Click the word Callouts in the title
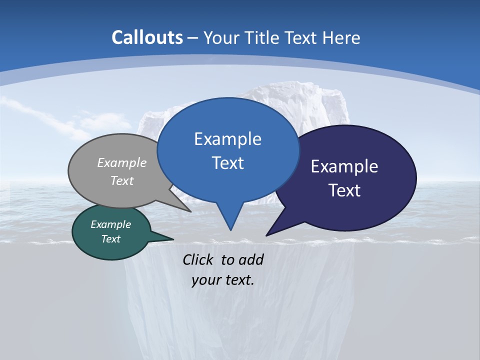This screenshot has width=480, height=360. click(147, 37)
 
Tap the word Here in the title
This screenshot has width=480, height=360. click(341, 38)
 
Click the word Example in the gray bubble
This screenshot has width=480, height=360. click(122, 162)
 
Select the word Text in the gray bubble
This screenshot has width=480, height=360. click(122, 180)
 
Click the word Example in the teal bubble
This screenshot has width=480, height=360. click(110, 224)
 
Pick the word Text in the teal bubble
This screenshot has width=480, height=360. click(110, 239)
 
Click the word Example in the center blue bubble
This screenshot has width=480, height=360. click(227, 139)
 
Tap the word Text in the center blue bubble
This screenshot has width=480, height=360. click(227, 163)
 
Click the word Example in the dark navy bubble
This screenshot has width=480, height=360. click(344, 166)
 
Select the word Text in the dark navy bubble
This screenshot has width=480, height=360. click(344, 190)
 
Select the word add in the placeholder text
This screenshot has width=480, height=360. click(250, 259)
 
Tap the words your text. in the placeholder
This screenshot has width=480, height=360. click(223, 280)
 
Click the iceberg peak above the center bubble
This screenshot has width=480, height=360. click(280, 92)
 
